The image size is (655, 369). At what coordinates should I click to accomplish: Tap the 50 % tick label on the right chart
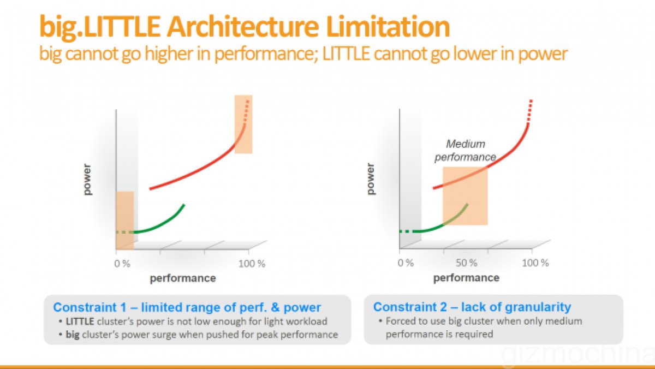pos(466,263)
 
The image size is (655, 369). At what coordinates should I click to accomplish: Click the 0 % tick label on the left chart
pos(122,264)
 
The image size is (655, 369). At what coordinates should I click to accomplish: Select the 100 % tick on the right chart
pos(535,263)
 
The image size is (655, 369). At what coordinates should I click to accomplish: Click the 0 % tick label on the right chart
pos(406,263)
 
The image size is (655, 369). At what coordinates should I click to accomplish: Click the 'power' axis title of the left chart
pos(88,178)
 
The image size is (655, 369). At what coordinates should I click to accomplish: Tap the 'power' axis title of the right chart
pos(371,178)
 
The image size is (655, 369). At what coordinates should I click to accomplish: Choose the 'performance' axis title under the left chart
pos(183,278)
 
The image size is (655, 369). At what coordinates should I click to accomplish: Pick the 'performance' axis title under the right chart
pos(466,278)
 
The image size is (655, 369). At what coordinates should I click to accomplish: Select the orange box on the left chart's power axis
pos(124,218)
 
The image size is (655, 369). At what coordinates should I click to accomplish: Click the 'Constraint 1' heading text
pos(187,307)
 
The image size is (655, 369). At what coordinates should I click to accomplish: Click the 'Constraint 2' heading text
pos(472,307)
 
